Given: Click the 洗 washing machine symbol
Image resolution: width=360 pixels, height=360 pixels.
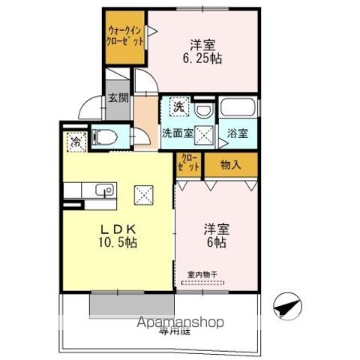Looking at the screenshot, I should (x=178, y=107).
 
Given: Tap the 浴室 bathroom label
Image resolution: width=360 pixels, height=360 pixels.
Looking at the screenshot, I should (x=239, y=133).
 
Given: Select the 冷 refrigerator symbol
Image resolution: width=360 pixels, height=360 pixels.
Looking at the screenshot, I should (x=75, y=139).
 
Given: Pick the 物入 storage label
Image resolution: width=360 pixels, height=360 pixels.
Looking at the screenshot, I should (x=231, y=165).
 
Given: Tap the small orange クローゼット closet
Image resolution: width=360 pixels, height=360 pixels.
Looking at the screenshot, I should (x=190, y=164).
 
